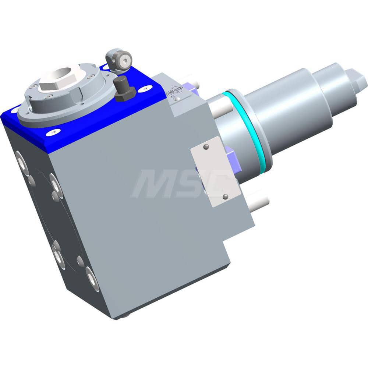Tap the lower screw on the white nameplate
[x=225, y=197]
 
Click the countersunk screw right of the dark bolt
[x=146, y=88]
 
